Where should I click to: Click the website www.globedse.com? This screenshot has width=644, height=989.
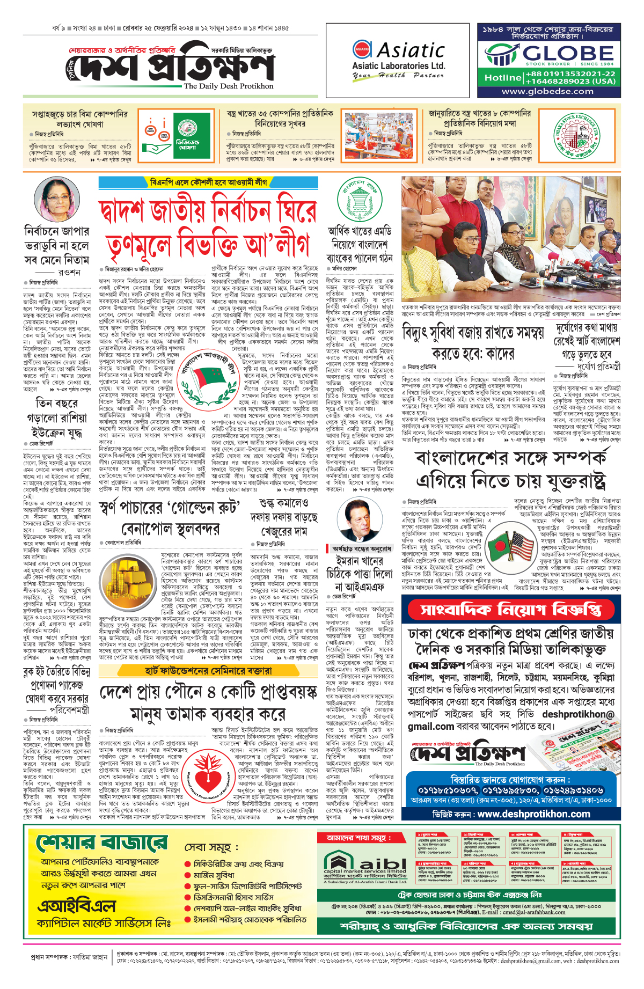point(547,91)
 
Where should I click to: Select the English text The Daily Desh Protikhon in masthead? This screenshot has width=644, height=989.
point(228,86)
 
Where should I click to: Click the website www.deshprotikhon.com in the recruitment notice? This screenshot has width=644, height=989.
point(534,814)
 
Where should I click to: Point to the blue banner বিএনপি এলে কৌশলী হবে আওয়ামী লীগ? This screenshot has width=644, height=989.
point(208,182)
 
